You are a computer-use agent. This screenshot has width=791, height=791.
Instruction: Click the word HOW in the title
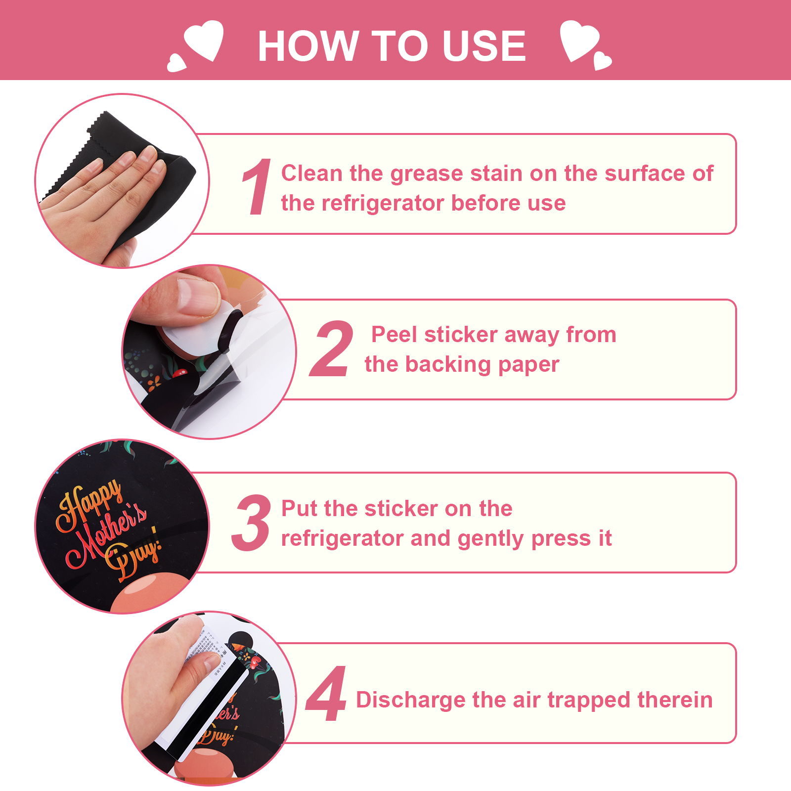pyautogui.click(x=308, y=45)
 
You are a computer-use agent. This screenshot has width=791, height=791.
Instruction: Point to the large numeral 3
pyautogui.click(x=251, y=523)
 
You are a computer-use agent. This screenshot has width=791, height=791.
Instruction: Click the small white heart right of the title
pyautogui.click(x=603, y=60)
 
